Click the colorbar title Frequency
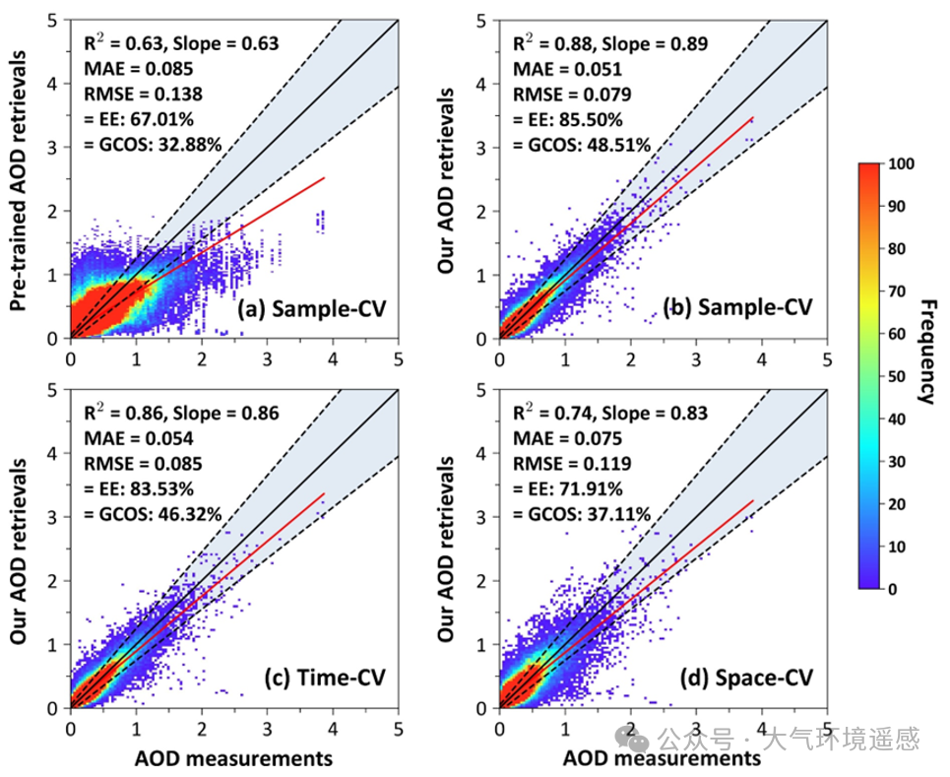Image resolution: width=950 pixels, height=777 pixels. pyautogui.click(x=926, y=349)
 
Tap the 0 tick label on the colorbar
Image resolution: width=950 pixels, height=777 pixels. pyautogui.click(x=892, y=588)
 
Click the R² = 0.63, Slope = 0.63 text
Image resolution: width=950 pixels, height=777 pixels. pyautogui.click(x=178, y=43)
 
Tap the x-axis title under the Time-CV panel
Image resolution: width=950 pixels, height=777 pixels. pyautogui.click(x=233, y=758)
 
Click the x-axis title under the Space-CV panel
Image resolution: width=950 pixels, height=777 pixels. pyautogui.click(x=663, y=758)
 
